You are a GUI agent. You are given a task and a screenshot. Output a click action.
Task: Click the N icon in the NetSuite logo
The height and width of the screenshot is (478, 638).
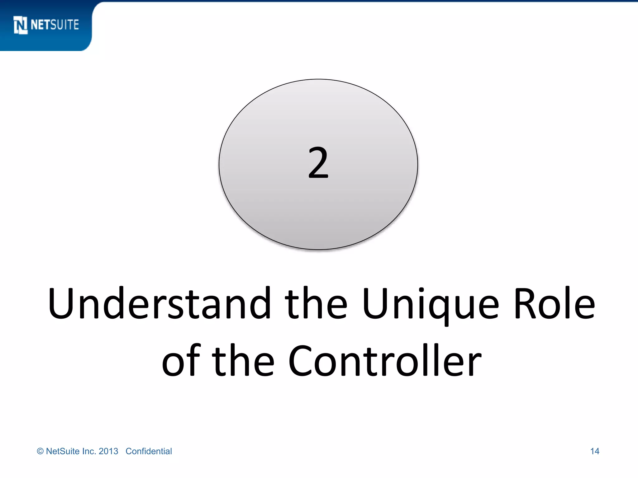[x=21, y=25]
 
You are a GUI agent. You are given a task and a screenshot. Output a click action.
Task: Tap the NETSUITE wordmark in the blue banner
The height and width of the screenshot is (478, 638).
[x=55, y=25]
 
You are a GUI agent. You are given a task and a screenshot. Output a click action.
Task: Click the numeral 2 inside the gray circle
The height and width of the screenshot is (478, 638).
[x=318, y=163]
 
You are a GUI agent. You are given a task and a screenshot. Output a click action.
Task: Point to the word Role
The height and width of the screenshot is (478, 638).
[x=554, y=303]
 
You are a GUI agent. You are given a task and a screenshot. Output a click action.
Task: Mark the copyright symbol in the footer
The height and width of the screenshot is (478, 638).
[x=40, y=451]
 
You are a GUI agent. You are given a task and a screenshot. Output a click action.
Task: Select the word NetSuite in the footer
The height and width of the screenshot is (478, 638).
[x=63, y=451]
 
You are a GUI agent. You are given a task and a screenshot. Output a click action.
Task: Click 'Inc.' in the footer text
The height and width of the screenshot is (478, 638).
[x=89, y=451]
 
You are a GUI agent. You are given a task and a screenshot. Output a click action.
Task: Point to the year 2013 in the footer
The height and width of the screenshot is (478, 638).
[x=108, y=451]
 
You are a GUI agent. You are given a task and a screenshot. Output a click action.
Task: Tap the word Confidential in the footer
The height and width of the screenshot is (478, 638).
[x=149, y=451]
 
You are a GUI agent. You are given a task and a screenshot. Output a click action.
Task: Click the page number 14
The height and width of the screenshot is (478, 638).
[x=594, y=451]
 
